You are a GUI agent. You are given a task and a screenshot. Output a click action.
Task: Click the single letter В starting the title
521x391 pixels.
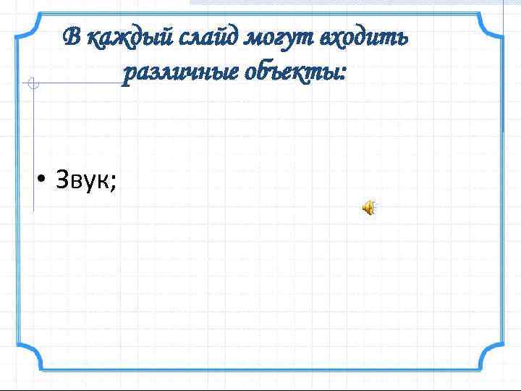pyautogui.click(x=70, y=36)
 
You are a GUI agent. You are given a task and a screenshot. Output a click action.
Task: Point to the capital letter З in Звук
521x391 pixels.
pyautogui.click(x=62, y=181)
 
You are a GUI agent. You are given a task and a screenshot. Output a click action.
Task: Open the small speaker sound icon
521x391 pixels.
pyautogui.click(x=369, y=209)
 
